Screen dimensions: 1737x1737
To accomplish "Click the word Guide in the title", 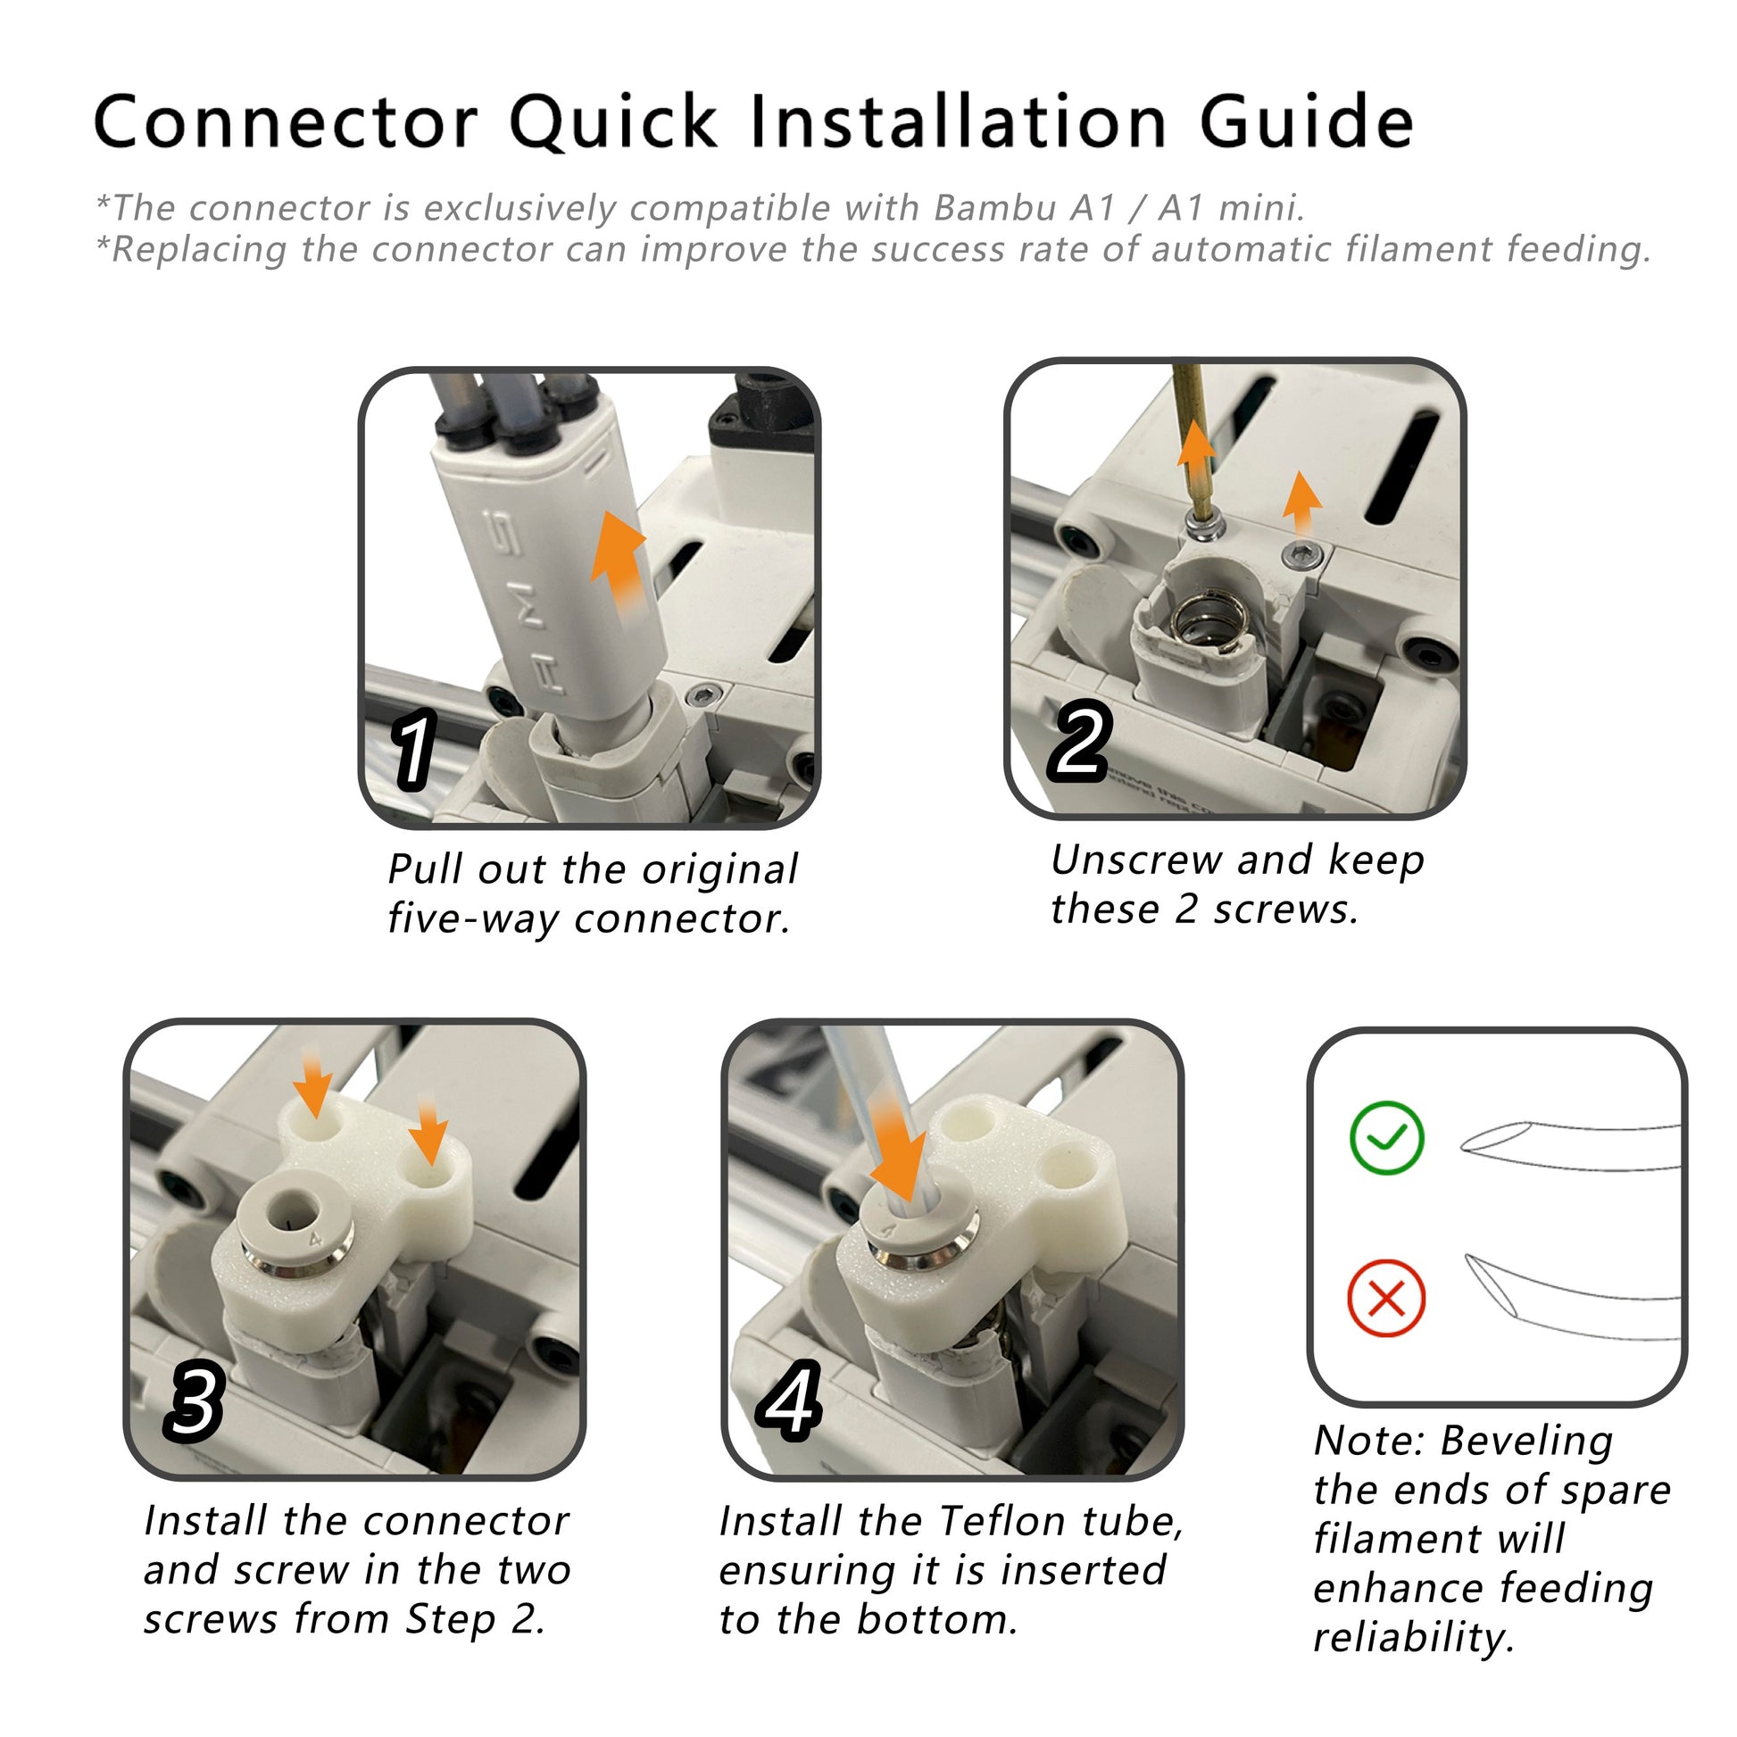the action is (x=1308, y=121).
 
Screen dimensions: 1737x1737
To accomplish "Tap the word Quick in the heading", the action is (x=614, y=121).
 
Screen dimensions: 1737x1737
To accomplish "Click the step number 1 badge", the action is (x=414, y=749).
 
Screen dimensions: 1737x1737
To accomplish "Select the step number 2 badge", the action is (x=1080, y=740).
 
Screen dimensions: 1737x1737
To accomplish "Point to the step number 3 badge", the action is (x=193, y=1400).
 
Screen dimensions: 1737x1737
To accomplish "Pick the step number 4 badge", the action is (x=789, y=1400).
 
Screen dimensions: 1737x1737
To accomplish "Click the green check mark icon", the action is (x=1387, y=1137).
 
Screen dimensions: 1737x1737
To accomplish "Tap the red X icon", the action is (x=1386, y=1298).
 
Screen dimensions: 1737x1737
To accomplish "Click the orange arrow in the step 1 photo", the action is (x=618, y=564).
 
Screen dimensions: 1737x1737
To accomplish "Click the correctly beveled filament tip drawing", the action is (x=1569, y=1146).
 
